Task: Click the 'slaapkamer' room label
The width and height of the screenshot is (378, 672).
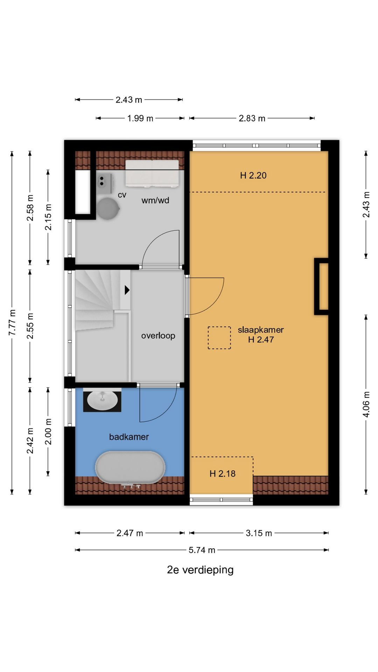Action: (x=261, y=330)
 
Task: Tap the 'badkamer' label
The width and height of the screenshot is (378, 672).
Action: (x=129, y=437)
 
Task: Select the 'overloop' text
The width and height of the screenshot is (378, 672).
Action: (x=158, y=336)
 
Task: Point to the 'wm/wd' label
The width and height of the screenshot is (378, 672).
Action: (x=155, y=200)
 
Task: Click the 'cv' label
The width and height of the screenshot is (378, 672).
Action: (x=122, y=195)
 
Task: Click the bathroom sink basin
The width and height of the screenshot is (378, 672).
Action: (x=102, y=400)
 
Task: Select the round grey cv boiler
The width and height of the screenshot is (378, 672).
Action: (x=108, y=209)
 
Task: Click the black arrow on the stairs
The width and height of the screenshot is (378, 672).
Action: (x=127, y=290)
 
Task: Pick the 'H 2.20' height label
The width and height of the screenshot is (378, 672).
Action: (x=253, y=175)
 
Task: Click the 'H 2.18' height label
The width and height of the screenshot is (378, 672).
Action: (x=223, y=474)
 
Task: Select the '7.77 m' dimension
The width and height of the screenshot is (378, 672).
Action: (x=12, y=322)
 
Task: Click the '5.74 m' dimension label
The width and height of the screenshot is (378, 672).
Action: (x=202, y=550)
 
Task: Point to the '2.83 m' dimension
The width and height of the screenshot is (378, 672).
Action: (x=252, y=118)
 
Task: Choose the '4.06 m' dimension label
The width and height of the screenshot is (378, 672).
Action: (x=366, y=404)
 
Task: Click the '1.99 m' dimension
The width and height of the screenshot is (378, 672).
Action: (x=140, y=118)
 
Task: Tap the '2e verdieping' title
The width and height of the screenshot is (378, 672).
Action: (x=200, y=570)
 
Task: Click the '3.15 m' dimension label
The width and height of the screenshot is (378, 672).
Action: (x=259, y=533)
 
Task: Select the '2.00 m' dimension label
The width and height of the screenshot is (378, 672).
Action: (x=48, y=432)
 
